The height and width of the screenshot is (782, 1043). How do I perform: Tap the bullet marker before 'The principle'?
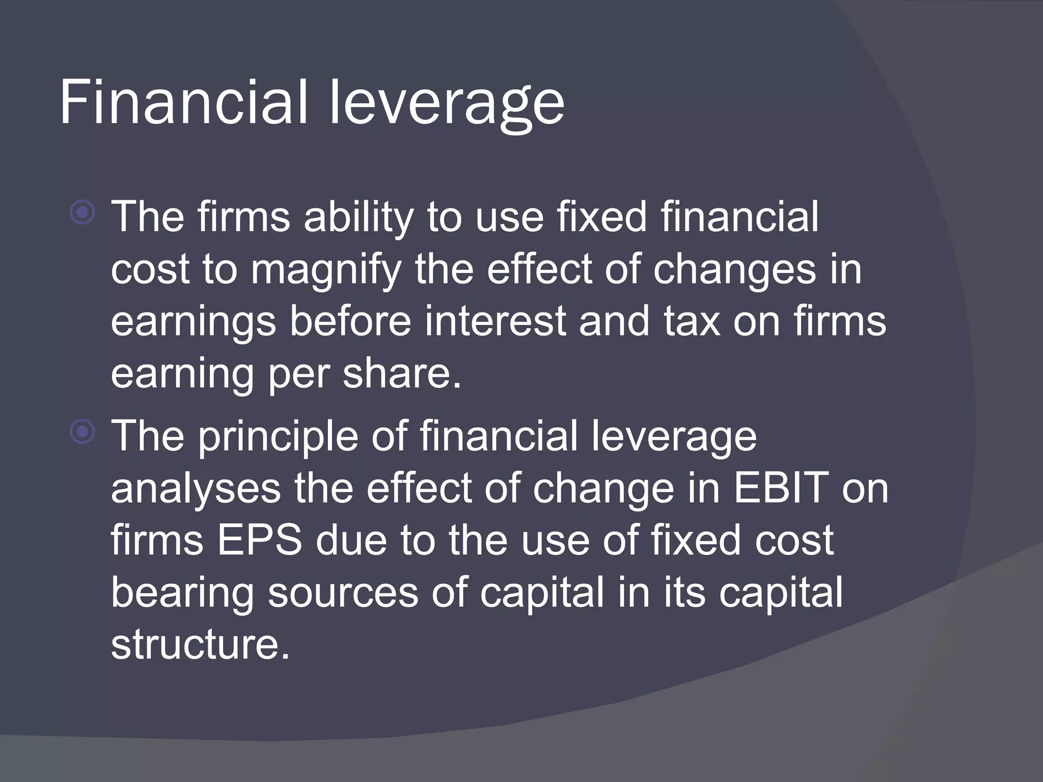(x=83, y=432)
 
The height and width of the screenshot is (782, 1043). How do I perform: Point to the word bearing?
(x=182, y=594)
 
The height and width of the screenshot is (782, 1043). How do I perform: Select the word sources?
(x=343, y=593)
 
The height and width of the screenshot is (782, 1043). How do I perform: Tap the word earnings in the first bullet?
(x=193, y=323)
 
